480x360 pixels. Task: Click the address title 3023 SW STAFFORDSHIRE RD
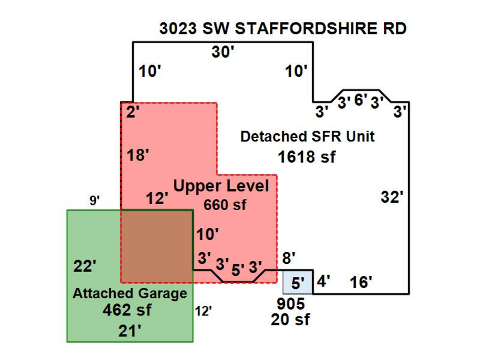(x=283, y=29)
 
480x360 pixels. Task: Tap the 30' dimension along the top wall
(x=223, y=52)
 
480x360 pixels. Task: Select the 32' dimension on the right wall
(x=391, y=197)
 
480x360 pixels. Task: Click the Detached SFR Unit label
(x=307, y=137)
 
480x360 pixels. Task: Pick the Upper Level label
(x=225, y=187)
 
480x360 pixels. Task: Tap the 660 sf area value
(x=225, y=204)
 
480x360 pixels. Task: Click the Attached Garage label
(x=130, y=293)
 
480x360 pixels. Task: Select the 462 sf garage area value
(x=130, y=310)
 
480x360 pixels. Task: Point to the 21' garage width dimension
(x=130, y=331)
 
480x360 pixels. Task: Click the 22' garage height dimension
(x=85, y=266)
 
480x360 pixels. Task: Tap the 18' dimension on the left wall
(x=138, y=156)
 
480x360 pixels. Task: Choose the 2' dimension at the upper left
(x=132, y=113)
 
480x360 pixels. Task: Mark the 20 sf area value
(x=290, y=320)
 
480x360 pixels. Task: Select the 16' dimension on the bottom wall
(x=361, y=282)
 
